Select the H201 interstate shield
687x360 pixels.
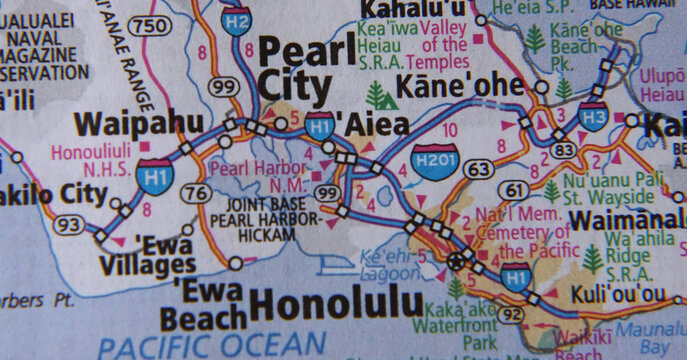[x=435, y=160]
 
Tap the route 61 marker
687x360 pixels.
[x=516, y=189]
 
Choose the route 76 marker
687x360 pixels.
[x=197, y=192]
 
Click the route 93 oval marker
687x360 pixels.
[x=70, y=225]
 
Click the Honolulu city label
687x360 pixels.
[x=336, y=301]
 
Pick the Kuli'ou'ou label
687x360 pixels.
[x=617, y=295]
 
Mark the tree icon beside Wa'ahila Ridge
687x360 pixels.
[x=592, y=260]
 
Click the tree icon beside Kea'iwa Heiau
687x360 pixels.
[x=378, y=95]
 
